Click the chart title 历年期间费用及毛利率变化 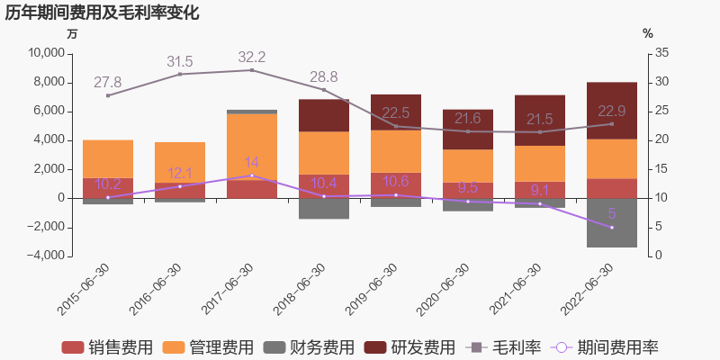pyautogui.click(x=103, y=13)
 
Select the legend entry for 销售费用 pyautogui.click(x=107, y=347)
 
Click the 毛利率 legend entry pyautogui.click(x=505, y=347)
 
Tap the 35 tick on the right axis pyautogui.click(x=661, y=54)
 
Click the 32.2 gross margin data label pyautogui.click(x=252, y=58)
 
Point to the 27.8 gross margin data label pyautogui.click(x=108, y=83)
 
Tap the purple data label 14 pyautogui.click(x=252, y=163)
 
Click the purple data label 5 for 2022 pyautogui.click(x=612, y=214)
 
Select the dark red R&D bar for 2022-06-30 pyautogui.click(x=612, y=110)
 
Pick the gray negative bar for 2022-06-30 pyautogui.click(x=612, y=222)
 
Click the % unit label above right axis pyautogui.click(x=647, y=33)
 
